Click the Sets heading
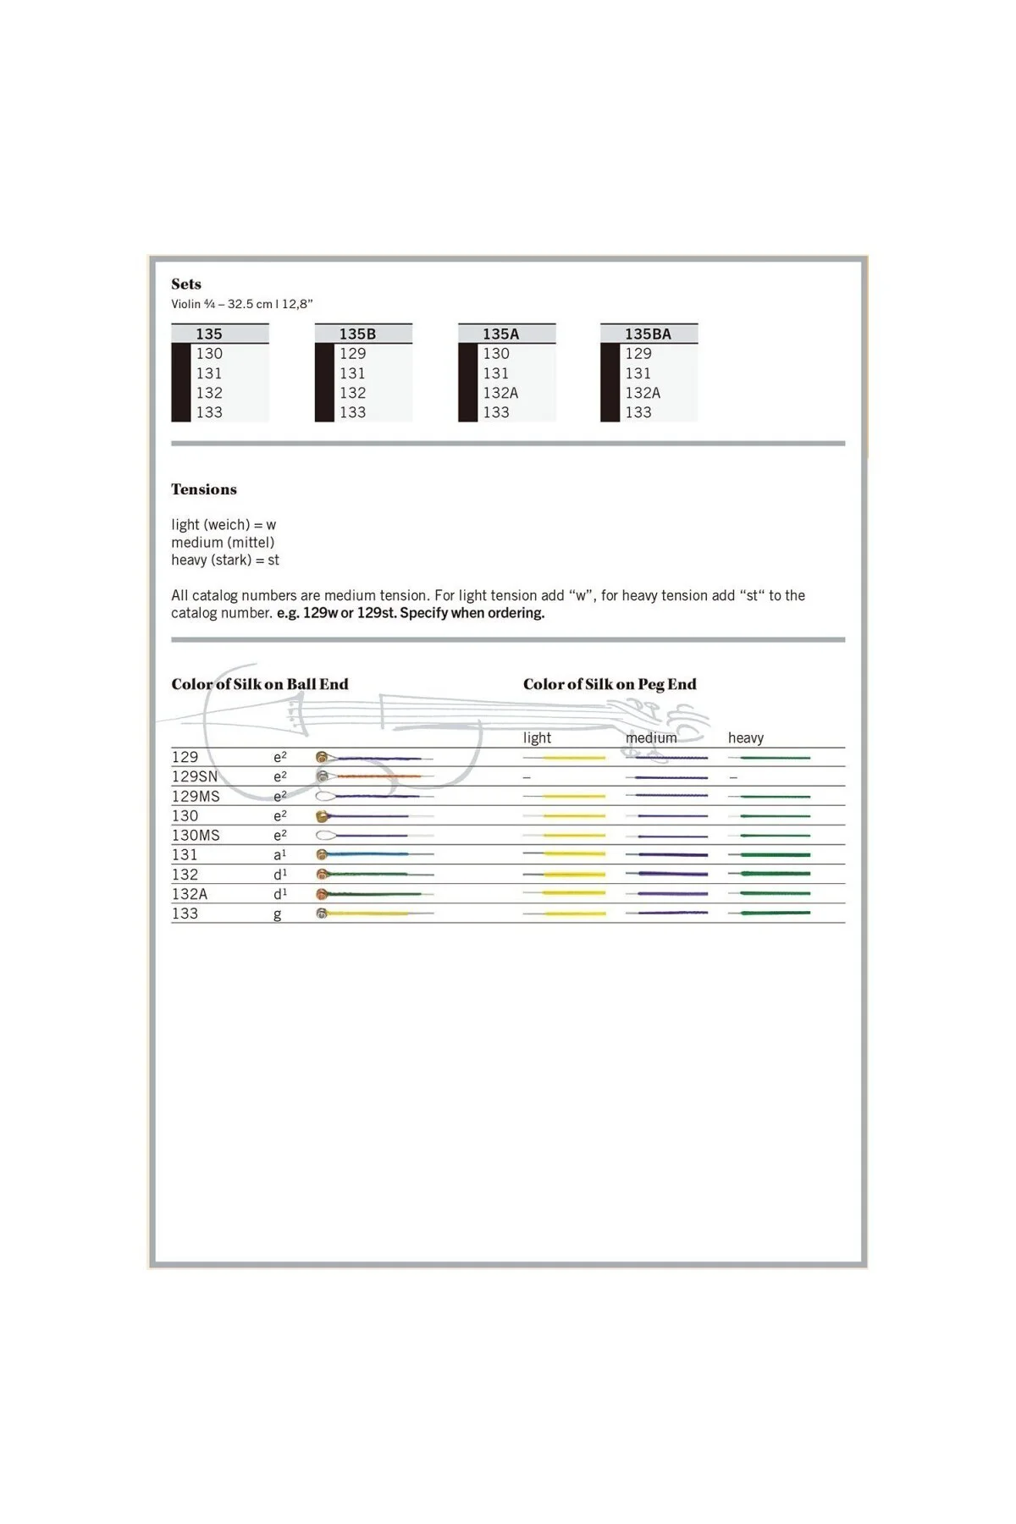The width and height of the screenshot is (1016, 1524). coord(186,284)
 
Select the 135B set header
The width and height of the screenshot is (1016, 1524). coord(357,334)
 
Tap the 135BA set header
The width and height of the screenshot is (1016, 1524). coord(648,334)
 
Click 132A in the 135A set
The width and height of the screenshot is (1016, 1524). coord(500,393)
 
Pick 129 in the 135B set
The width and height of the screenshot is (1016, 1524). coord(352,354)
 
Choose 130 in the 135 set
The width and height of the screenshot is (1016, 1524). coord(209,354)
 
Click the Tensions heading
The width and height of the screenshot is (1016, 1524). coord(204,489)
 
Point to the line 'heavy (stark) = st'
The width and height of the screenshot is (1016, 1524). coord(225,560)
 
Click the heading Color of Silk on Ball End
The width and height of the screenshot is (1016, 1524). coord(260,684)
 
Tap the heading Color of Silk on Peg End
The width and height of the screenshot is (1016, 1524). coord(610,684)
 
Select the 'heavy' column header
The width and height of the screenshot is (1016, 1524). coord(746,737)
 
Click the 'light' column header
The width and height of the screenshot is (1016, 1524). coord(537,737)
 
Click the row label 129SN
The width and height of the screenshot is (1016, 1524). coord(195,776)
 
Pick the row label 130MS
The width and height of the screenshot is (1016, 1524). coord(196,835)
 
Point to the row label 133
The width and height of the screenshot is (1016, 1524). coord(185,914)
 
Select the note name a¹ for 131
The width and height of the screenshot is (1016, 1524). coord(279,855)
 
